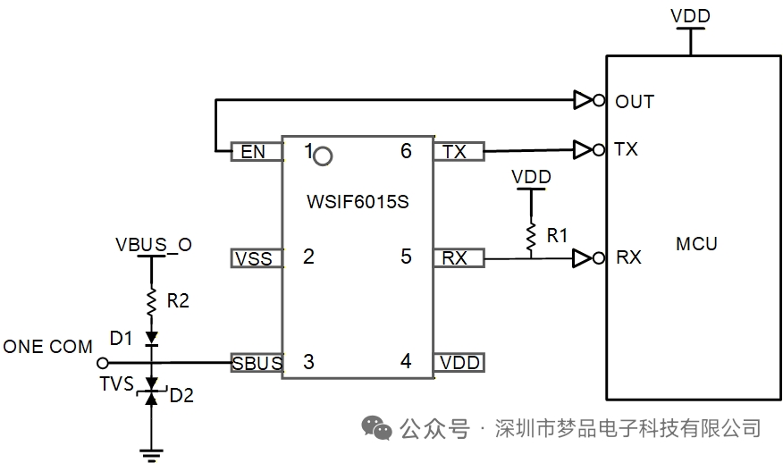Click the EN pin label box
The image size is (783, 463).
coord(254,151)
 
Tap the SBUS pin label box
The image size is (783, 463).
coord(257,363)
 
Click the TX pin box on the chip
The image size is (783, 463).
coord(458,151)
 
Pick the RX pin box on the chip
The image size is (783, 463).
coord(458,258)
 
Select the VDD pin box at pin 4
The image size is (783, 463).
coord(459,363)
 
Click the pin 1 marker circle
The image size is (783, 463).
coord(324,156)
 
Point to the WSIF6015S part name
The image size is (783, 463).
coord(357,201)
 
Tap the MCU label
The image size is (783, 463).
coord(696,243)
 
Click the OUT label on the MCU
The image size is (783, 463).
coord(635,102)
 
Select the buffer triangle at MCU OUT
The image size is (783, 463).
coord(583,101)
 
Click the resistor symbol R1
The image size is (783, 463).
coord(530,236)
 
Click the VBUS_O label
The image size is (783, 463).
coord(153,244)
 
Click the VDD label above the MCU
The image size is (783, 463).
coord(690,16)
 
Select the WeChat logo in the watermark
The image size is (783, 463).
coord(376,428)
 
